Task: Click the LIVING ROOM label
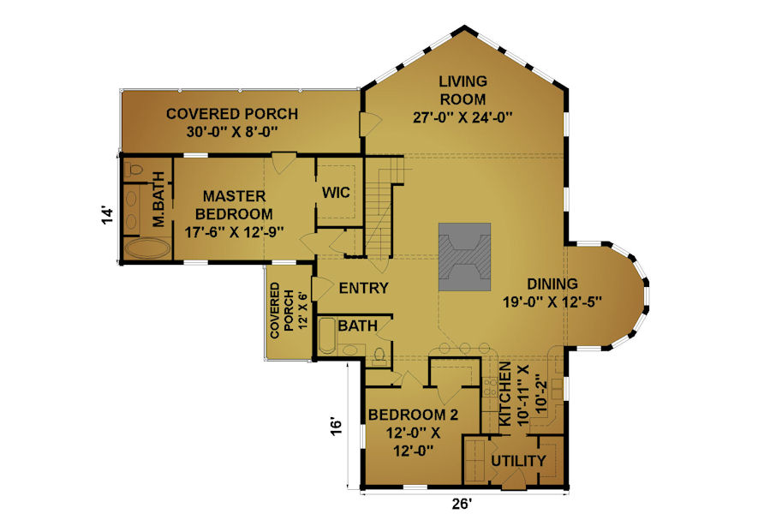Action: (463, 91)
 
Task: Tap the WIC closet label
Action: (336, 192)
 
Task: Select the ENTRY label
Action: (363, 288)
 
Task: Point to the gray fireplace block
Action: (464, 257)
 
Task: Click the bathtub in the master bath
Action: (147, 248)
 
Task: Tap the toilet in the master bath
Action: (133, 170)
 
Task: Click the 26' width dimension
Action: (463, 504)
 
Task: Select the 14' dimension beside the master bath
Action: (108, 215)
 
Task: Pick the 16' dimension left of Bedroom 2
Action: (335, 426)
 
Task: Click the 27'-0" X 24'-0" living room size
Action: (463, 118)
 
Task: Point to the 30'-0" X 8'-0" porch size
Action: (232, 132)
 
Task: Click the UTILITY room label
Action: (518, 461)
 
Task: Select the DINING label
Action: (552, 284)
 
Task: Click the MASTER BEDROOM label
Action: (234, 206)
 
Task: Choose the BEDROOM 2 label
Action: (413, 415)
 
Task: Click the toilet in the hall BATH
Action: (379, 356)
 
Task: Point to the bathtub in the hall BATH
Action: (326, 336)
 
